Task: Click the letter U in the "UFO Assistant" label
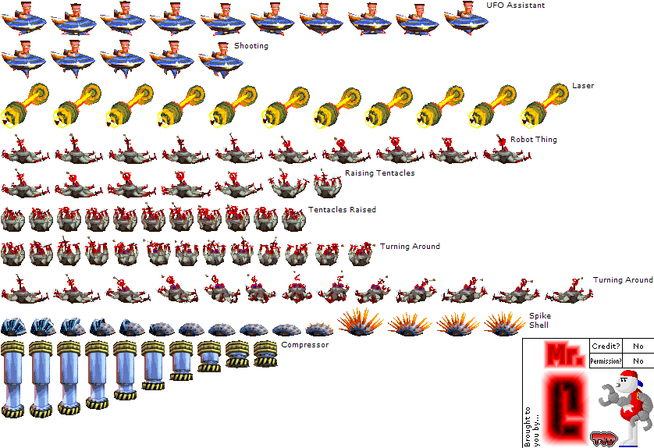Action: click(489, 5)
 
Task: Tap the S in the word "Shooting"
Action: click(236, 45)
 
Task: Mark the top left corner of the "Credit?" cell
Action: click(590, 339)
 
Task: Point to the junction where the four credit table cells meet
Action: click(622, 354)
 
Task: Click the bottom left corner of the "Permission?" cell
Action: click(590, 368)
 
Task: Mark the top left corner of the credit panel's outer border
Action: click(523, 338)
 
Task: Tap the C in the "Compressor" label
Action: click(284, 345)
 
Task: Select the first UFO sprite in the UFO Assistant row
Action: click(23, 19)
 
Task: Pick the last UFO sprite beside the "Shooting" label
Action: click(221, 60)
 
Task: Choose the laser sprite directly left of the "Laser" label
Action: click(545, 105)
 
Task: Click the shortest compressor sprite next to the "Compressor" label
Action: click(265, 354)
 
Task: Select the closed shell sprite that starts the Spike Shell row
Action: click(13, 327)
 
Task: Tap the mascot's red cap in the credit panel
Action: click(631, 375)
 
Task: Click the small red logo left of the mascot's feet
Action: click(603, 439)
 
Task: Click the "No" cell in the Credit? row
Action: click(638, 347)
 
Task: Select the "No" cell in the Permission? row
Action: click(638, 361)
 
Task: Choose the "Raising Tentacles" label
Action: click(380, 173)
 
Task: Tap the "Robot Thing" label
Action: click(534, 140)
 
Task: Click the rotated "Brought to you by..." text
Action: click(531, 426)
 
